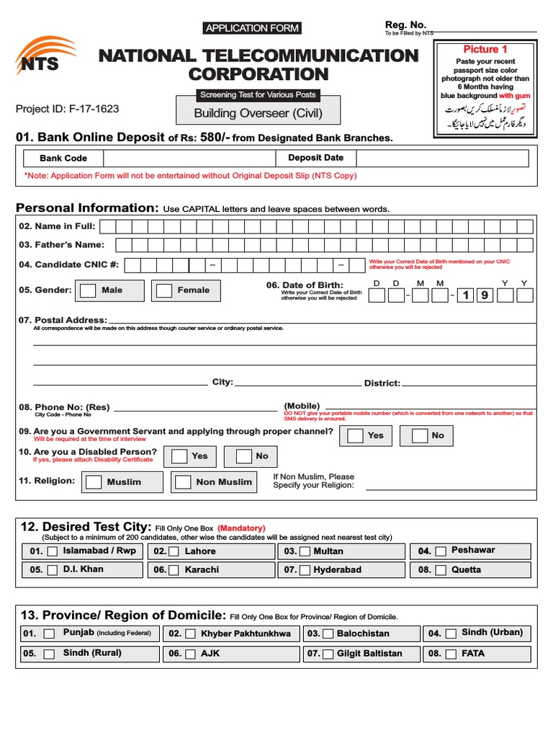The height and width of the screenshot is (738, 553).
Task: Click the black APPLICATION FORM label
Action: (x=251, y=28)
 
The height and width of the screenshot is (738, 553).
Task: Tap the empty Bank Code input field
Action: (x=189, y=159)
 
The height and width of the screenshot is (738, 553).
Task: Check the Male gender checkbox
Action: (x=88, y=290)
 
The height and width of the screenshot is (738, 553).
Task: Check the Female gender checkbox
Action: (x=165, y=290)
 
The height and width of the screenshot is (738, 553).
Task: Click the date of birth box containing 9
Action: (x=485, y=295)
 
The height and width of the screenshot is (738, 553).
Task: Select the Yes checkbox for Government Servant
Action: (x=355, y=436)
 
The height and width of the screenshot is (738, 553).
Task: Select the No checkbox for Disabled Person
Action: (x=244, y=456)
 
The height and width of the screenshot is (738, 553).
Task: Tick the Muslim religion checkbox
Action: (x=94, y=482)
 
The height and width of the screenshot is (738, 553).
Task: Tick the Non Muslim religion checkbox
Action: (x=183, y=482)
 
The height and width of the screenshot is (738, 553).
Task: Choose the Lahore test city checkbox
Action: (x=177, y=551)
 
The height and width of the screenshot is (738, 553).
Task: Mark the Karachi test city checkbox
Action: (x=177, y=570)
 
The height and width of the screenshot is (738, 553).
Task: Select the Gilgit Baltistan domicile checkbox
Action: (x=327, y=654)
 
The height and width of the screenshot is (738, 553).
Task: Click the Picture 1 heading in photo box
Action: (x=485, y=49)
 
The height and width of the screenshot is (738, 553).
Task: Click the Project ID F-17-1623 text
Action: (x=68, y=110)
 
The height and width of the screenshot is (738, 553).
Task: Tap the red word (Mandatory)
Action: (x=241, y=528)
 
